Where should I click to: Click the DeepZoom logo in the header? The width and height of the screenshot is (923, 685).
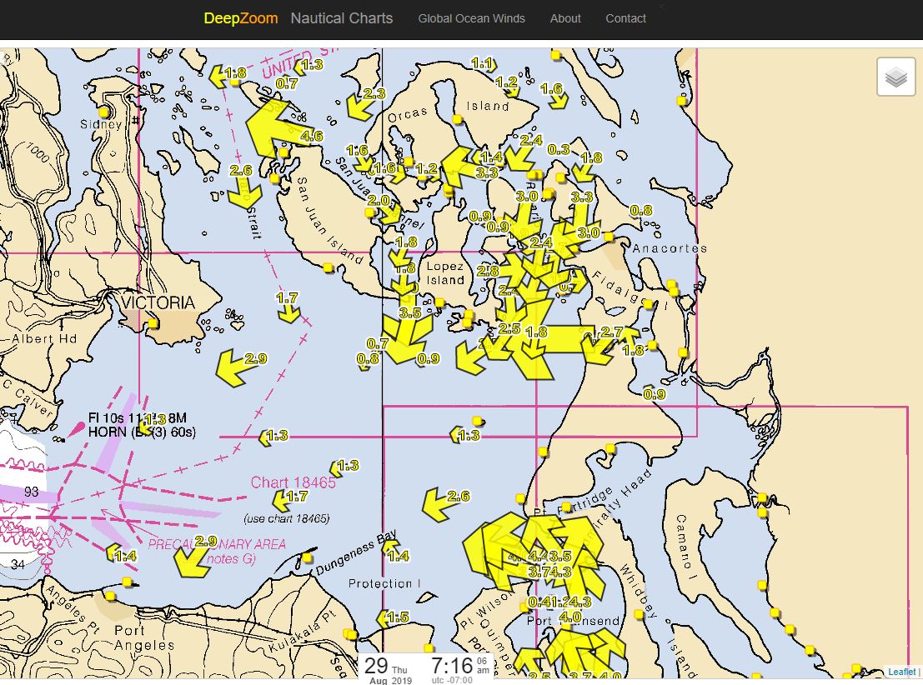click(x=241, y=18)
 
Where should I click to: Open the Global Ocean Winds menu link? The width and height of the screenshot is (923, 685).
click(x=471, y=18)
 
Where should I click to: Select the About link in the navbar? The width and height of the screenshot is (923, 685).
click(x=565, y=18)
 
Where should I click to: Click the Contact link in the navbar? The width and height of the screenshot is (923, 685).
click(x=625, y=18)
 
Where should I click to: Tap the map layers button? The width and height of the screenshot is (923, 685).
click(x=896, y=77)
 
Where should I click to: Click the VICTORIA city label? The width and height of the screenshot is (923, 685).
click(x=158, y=302)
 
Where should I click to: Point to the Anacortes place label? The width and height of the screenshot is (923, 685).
click(x=670, y=248)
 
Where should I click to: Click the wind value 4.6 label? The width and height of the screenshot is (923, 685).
click(x=311, y=136)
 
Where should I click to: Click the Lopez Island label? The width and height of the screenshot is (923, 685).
click(x=444, y=273)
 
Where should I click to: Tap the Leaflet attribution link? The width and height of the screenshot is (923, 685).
click(x=901, y=672)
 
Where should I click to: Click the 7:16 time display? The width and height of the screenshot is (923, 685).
click(x=451, y=665)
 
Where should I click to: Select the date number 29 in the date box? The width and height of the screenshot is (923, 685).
click(x=376, y=665)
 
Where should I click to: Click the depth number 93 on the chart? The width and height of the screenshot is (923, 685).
click(x=31, y=492)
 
